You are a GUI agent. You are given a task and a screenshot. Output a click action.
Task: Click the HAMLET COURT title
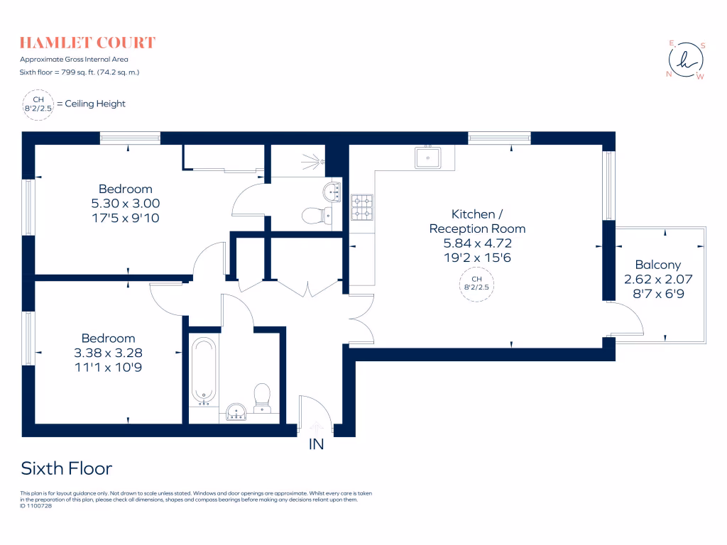[87, 43]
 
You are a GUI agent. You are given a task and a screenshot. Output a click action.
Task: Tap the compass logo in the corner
[686, 60]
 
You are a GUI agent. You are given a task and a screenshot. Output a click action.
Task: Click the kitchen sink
[428, 157]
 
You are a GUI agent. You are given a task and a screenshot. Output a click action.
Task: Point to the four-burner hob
[362, 207]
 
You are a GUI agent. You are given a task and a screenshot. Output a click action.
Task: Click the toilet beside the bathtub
[262, 397]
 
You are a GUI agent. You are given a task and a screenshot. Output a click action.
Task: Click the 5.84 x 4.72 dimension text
[477, 243]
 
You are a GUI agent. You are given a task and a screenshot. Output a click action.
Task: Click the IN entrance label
[316, 445]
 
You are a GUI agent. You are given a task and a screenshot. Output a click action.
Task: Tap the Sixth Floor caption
[67, 468]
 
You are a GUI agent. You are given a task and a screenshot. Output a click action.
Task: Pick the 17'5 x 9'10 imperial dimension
[126, 218]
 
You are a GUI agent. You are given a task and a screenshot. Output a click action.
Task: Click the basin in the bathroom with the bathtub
[236, 412]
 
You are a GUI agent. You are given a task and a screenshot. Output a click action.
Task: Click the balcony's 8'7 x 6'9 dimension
[657, 293]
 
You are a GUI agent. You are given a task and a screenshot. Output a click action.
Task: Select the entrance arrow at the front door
[316, 426]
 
